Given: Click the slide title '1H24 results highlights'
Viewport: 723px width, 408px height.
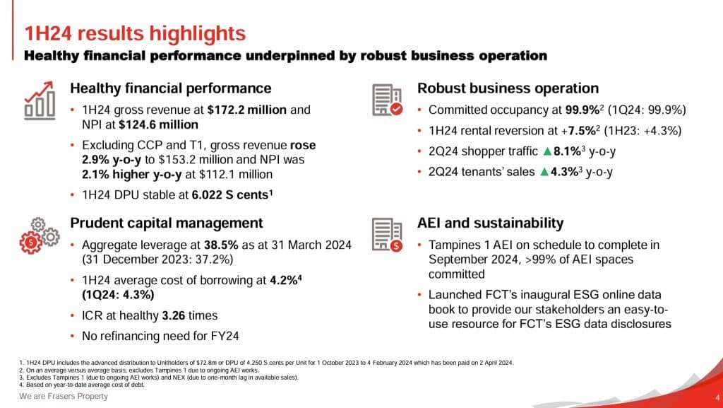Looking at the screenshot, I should coord(135,33).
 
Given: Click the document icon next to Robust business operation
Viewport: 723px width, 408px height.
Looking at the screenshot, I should coord(387,100).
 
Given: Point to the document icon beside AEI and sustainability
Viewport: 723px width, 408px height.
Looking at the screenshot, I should coord(387,234).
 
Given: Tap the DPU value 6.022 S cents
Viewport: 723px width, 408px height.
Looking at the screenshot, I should coord(229,194).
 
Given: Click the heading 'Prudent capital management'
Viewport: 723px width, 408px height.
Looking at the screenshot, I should coord(167,223).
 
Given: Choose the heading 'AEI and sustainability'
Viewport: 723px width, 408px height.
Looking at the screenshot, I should coord(491,223).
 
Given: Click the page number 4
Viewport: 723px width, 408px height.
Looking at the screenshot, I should coord(717,397).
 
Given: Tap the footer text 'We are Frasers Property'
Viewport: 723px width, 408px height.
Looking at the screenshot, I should coord(64,397).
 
